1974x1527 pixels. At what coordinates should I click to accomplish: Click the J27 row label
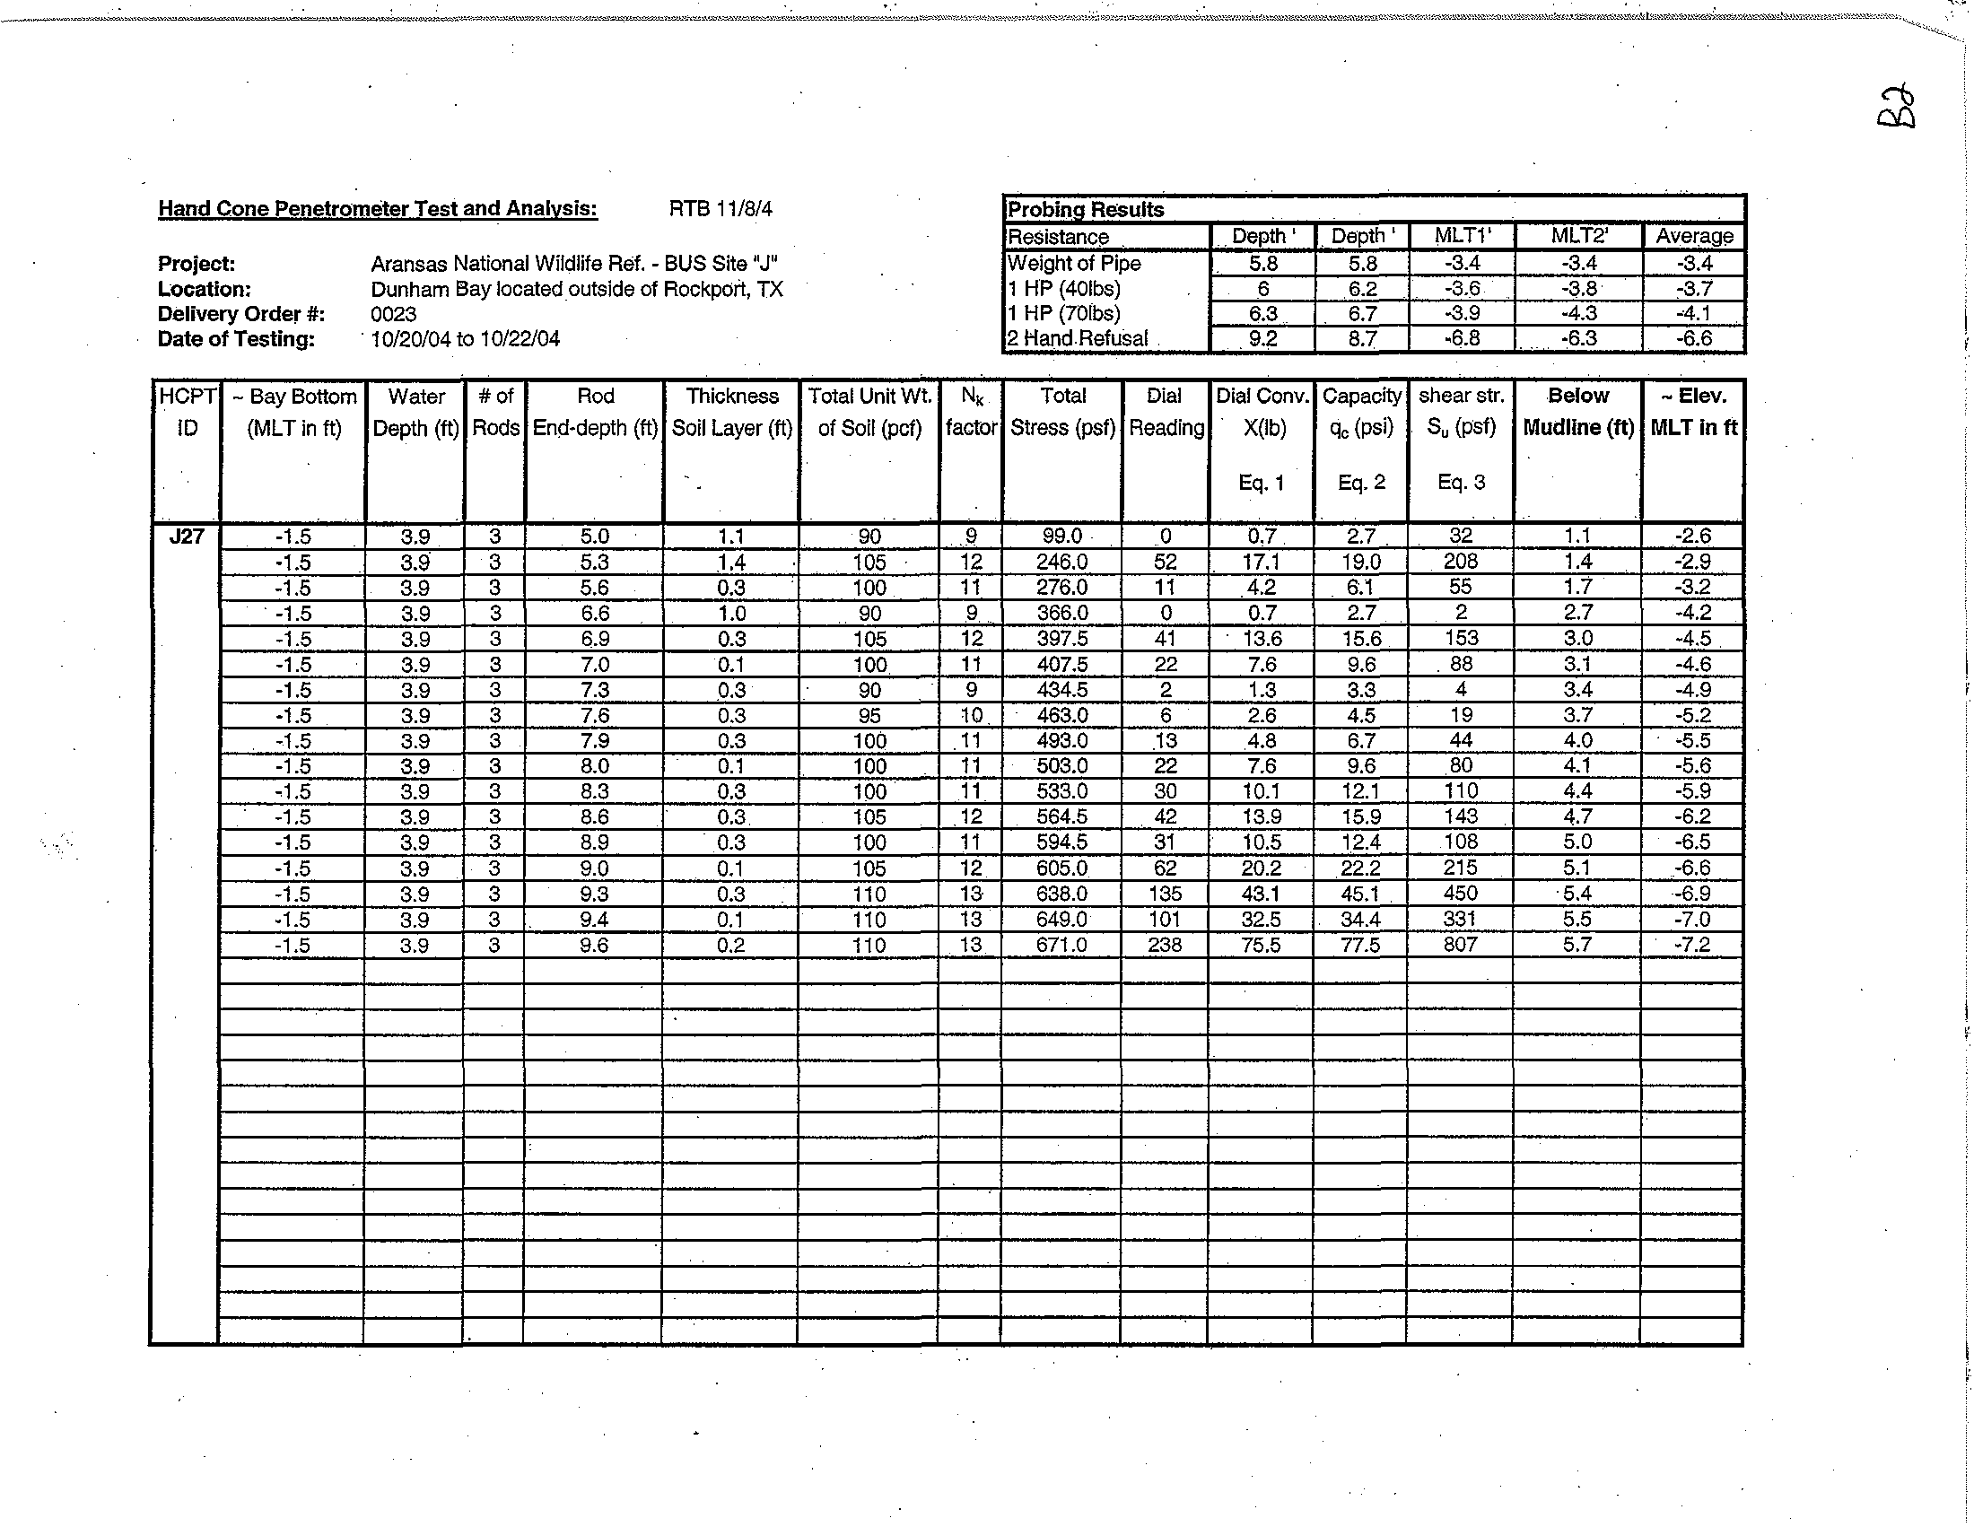tap(187, 537)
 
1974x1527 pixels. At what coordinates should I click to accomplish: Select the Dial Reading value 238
tap(1164, 945)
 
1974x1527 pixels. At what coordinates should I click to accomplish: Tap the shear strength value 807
tap(1460, 944)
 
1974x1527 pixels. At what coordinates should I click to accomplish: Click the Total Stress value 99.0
tap(1062, 536)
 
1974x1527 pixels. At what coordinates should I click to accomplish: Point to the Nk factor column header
tap(971, 411)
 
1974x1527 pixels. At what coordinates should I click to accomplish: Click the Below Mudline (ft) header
tap(1578, 411)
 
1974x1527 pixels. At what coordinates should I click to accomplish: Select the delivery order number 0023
tap(393, 314)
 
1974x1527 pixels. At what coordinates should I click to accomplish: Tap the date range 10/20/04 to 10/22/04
tap(466, 339)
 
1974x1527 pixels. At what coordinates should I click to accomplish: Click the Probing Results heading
tap(1086, 210)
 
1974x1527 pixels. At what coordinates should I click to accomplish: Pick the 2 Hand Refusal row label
tap(1078, 339)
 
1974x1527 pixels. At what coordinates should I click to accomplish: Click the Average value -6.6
tap(1693, 339)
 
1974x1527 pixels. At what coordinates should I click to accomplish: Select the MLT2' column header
tap(1579, 236)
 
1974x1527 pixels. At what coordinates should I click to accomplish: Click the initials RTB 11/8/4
tap(721, 209)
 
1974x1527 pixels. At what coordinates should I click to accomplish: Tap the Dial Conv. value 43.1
tap(1261, 894)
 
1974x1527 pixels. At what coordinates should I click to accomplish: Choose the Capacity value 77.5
tap(1360, 945)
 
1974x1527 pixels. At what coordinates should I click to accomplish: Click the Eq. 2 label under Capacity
tap(1361, 483)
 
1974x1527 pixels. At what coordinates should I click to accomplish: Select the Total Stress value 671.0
tap(1062, 945)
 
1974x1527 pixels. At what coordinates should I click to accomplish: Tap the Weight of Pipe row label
tap(1074, 263)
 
